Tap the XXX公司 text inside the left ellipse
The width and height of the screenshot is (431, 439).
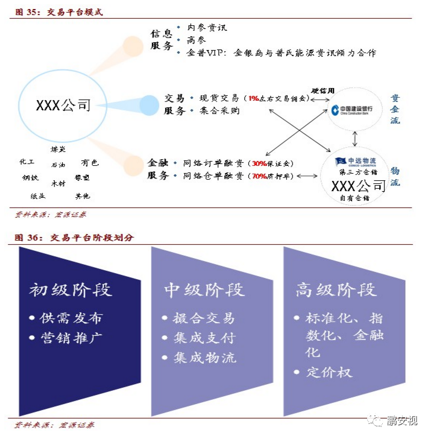63,106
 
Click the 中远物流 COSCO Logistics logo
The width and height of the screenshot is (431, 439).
356,161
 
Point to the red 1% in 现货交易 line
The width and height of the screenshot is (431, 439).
253,98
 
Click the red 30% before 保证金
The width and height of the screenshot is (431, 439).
259,163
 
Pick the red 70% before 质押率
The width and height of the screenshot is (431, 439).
259,176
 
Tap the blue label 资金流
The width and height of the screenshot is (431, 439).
395,109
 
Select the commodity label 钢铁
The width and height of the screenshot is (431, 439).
30,177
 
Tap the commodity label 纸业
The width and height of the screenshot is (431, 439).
38,195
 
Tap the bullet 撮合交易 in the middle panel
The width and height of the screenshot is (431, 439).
204,318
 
